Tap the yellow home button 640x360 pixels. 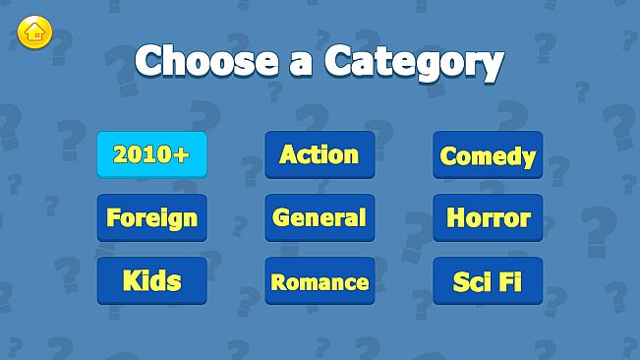(x=34, y=32)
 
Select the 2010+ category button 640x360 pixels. (x=151, y=154)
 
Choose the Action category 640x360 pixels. (x=320, y=154)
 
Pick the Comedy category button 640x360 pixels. (x=488, y=155)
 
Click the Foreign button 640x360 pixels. (x=151, y=217)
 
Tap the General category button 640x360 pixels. (x=320, y=217)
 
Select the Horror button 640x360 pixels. (x=488, y=217)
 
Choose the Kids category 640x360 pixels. (x=151, y=280)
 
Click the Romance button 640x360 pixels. (x=320, y=281)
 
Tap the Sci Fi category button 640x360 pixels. (x=488, y=281)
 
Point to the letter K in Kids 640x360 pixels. (x=131, y=280)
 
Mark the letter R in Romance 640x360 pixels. (x=278, y=282)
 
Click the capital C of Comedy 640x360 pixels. (x=448, y=155)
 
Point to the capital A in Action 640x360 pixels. (x=289, y=154)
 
